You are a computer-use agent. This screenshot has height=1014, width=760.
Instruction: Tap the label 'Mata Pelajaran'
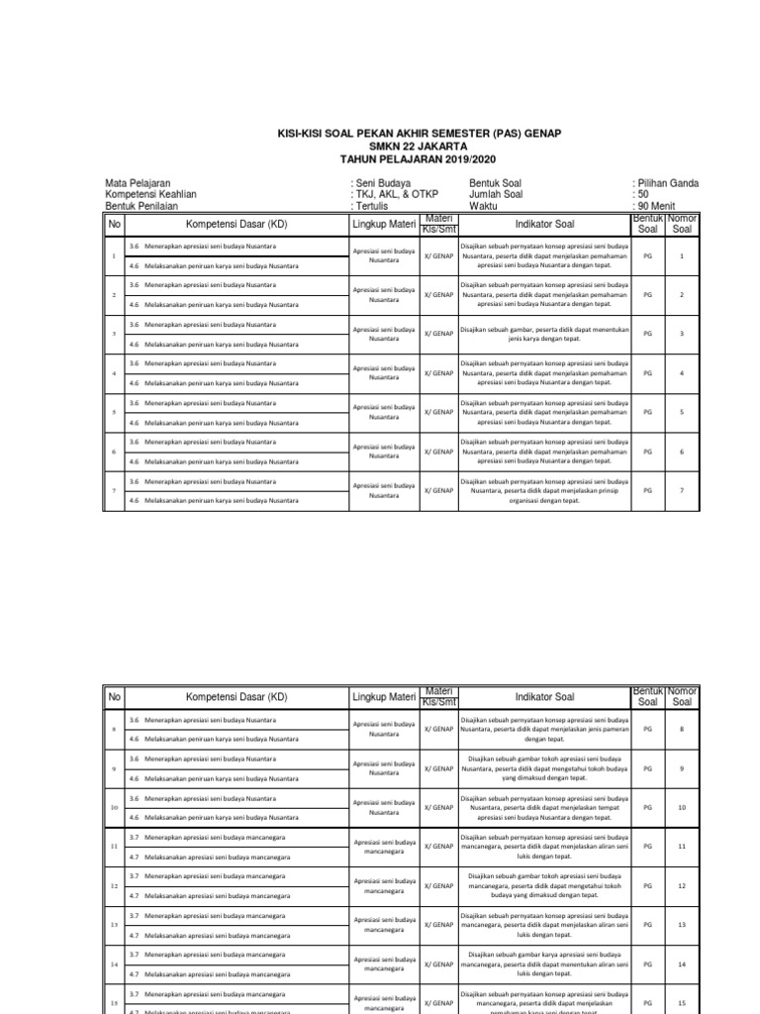[138, 184]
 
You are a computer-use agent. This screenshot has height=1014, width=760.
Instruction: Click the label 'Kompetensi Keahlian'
[151, 195]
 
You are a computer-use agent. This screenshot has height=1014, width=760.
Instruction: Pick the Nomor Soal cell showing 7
[681, 490]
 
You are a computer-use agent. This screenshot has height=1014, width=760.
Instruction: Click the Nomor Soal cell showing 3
[681, 334]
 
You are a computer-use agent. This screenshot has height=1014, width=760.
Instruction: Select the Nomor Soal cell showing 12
[681, 885]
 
